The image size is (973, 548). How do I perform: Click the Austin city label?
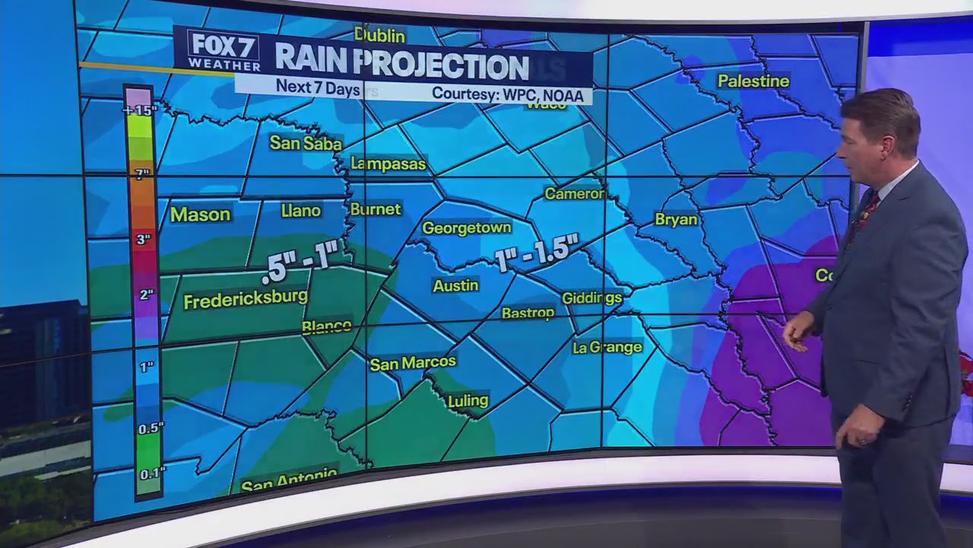pyautogui.click(x=455, y=285)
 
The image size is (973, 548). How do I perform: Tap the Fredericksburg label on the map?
pyautogui.click(x=246, y=299)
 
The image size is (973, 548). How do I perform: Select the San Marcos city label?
pyautogui.click(x=413, y=363)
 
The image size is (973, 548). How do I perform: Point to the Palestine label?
pyautogui.click(x=753, y=81)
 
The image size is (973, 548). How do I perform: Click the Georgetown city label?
pyautogui.click(x=467, y=228)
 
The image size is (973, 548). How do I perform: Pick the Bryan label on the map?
pyautogui.click(x=676, y=219)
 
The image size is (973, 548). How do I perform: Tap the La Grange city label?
pyautogui.click(x=607, y=347)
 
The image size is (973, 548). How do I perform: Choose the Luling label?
pyautogui.click(x=467, y=400)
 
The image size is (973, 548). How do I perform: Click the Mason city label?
pyautogui.click(x=200, y=215)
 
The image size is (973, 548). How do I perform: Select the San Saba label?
pyautogui.click(x=306, y=143)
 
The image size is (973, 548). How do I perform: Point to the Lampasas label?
pyautogui.click(x=388, y=164)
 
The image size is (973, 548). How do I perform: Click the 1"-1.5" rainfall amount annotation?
pyautogui.click(x=537, y=252)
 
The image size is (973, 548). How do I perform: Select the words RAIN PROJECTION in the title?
pyautogui.click(x=401, y=65)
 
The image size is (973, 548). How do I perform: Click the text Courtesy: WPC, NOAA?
pyautogui.click(x=507, y=94)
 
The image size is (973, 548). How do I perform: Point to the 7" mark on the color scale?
pyautogui.click(x=142, y=174)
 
